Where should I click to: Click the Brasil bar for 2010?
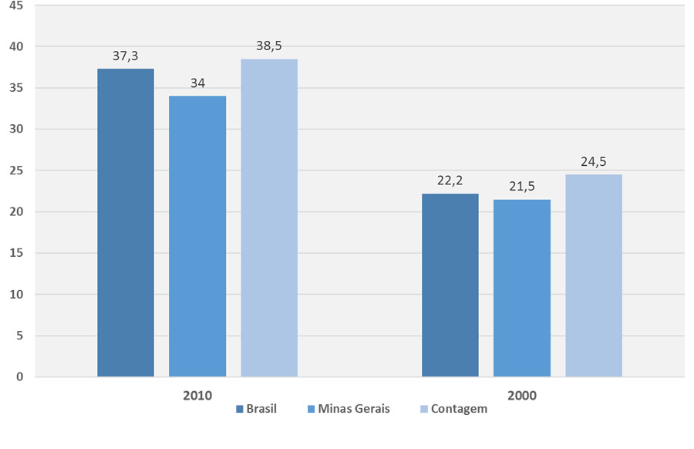(x=126, y=223)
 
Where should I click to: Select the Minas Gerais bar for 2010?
(x=197, y=236)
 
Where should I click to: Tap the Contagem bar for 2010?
(x=269, y=218)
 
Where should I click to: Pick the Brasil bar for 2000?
(x=450, y=285)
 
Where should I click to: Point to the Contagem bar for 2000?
(x=594, y=275)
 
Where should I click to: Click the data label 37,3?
(x=126, y=56)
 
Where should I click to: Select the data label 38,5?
(x=269, y=46)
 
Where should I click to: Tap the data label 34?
(x=197, y=83)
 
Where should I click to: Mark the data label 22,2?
(x=450, y=181)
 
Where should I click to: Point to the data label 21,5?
(x=522, y=186)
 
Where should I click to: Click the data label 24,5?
(x=594, y=161)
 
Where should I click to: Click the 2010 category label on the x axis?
(x=197, y=395)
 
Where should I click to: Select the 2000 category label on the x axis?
(x=522, y=395)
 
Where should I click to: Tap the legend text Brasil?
(x=261, y=409)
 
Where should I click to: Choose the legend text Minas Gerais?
(x=354, y=409)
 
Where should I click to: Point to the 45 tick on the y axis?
(x=16, y=5)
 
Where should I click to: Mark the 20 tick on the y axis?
(x=16, y=211)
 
